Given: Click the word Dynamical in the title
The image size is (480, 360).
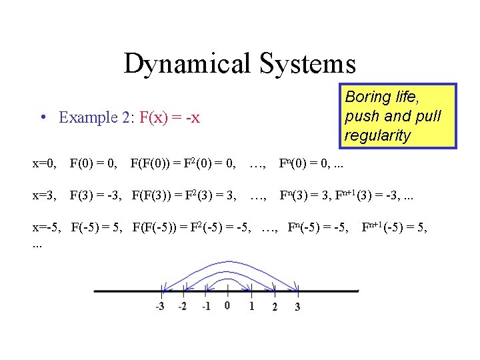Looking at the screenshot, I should (185, 64).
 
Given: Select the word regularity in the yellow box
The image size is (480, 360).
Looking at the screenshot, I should (377, 135).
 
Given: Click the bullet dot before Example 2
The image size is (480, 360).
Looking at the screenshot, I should (43, 118).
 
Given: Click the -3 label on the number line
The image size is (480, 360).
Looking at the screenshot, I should (160, 307).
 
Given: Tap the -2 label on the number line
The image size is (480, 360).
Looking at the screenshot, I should (182, 307).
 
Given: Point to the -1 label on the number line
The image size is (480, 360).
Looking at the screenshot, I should (205, 307).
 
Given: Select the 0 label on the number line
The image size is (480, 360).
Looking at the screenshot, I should (227, 305).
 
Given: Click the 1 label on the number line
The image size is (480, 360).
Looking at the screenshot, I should (251, 306).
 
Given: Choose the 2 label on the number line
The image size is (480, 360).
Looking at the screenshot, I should (275, 307).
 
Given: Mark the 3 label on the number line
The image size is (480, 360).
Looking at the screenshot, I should (297, 307).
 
